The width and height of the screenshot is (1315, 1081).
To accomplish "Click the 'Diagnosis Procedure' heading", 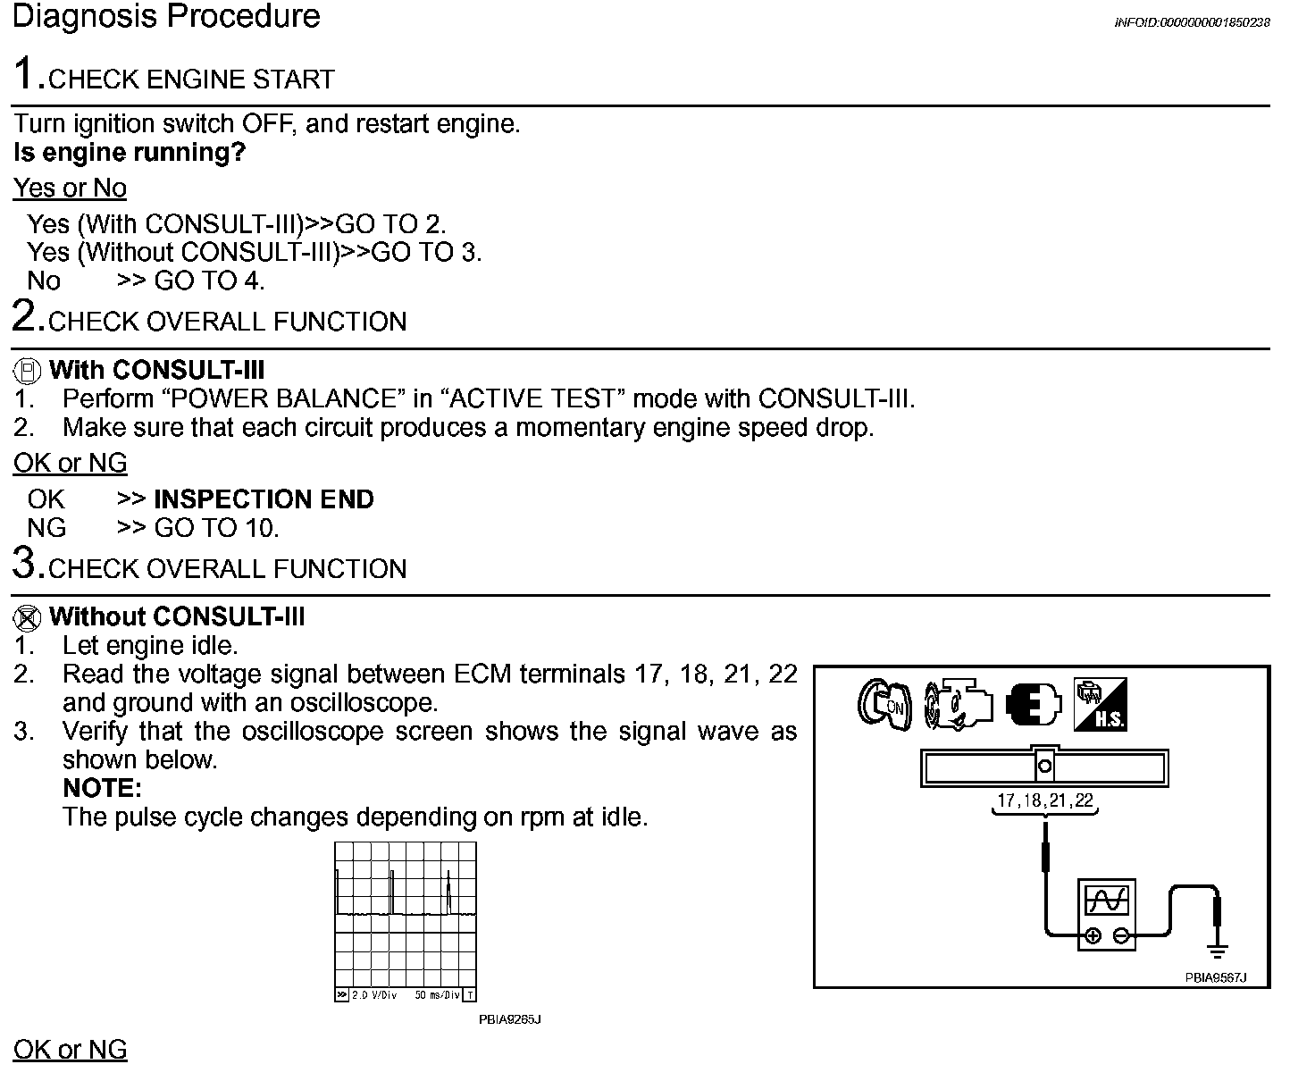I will coord(166,17).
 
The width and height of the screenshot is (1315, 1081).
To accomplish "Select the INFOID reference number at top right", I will coord(1192,23).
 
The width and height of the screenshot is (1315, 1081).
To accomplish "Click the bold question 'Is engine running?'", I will coord(130,153).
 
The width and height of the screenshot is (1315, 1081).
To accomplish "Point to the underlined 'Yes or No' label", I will coord(70,189).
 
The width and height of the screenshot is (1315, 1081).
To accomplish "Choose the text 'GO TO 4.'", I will coord(210,281).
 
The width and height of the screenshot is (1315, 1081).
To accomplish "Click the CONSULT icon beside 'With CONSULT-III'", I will coord(29,371).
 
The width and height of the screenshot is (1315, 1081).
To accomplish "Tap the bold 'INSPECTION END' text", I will coord(264,499).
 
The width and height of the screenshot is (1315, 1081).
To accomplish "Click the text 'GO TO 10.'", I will coord(216,528).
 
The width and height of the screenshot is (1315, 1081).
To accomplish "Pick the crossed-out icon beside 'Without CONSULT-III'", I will coord(29,617).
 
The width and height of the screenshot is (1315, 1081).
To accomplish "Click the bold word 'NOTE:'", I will coord(102,789).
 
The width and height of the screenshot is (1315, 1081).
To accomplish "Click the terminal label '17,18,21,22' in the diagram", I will coord(1045,801).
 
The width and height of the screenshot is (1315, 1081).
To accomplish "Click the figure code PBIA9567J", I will coord(1215,978).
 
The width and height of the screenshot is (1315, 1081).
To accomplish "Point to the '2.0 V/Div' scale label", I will coord(373,995).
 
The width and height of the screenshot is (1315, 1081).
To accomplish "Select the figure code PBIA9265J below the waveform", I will coord(510,1019).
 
